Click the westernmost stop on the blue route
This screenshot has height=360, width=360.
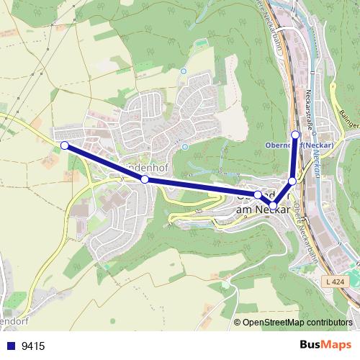64,145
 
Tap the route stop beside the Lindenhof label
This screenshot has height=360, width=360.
145,179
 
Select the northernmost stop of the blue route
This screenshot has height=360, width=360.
295,134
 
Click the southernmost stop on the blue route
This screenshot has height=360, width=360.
274,206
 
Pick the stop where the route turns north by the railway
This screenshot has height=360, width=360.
292,181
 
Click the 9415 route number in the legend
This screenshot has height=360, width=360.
33,346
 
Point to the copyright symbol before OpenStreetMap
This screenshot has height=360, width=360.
238,323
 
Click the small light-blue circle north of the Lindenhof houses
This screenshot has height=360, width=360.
183,72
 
